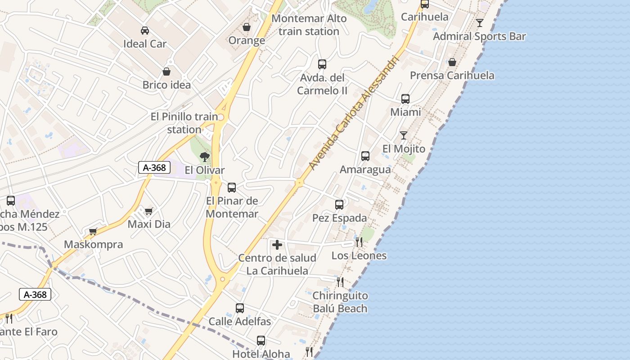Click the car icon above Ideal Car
click(x=145, y=31)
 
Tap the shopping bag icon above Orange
click(x=247, y=27)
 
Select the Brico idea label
click(x=166, y=85)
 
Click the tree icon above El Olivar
click(x=205, y=157)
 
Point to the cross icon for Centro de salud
click(x=277, y=245)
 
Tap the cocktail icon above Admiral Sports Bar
click(x=480, y=22)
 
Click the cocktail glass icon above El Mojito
click(x=404, y=135)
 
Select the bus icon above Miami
click(x=405, y=99)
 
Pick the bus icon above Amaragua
click(x=365, y=156)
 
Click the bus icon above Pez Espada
click(x=339, y=205)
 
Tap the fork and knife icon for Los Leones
click(x=359, y=242)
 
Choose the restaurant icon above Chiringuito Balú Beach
click(x=340, y=282)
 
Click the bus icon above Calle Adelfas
click(x=240, y=308)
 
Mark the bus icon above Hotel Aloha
click(x=261, y=341)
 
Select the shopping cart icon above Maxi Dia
click(x=149, y=211)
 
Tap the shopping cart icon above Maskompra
click(x=93, y=231)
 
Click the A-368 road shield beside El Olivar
click(x=154, y=168)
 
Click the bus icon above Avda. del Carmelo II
click(x=322, y=64)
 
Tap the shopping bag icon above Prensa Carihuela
click(x=452, y=62)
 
